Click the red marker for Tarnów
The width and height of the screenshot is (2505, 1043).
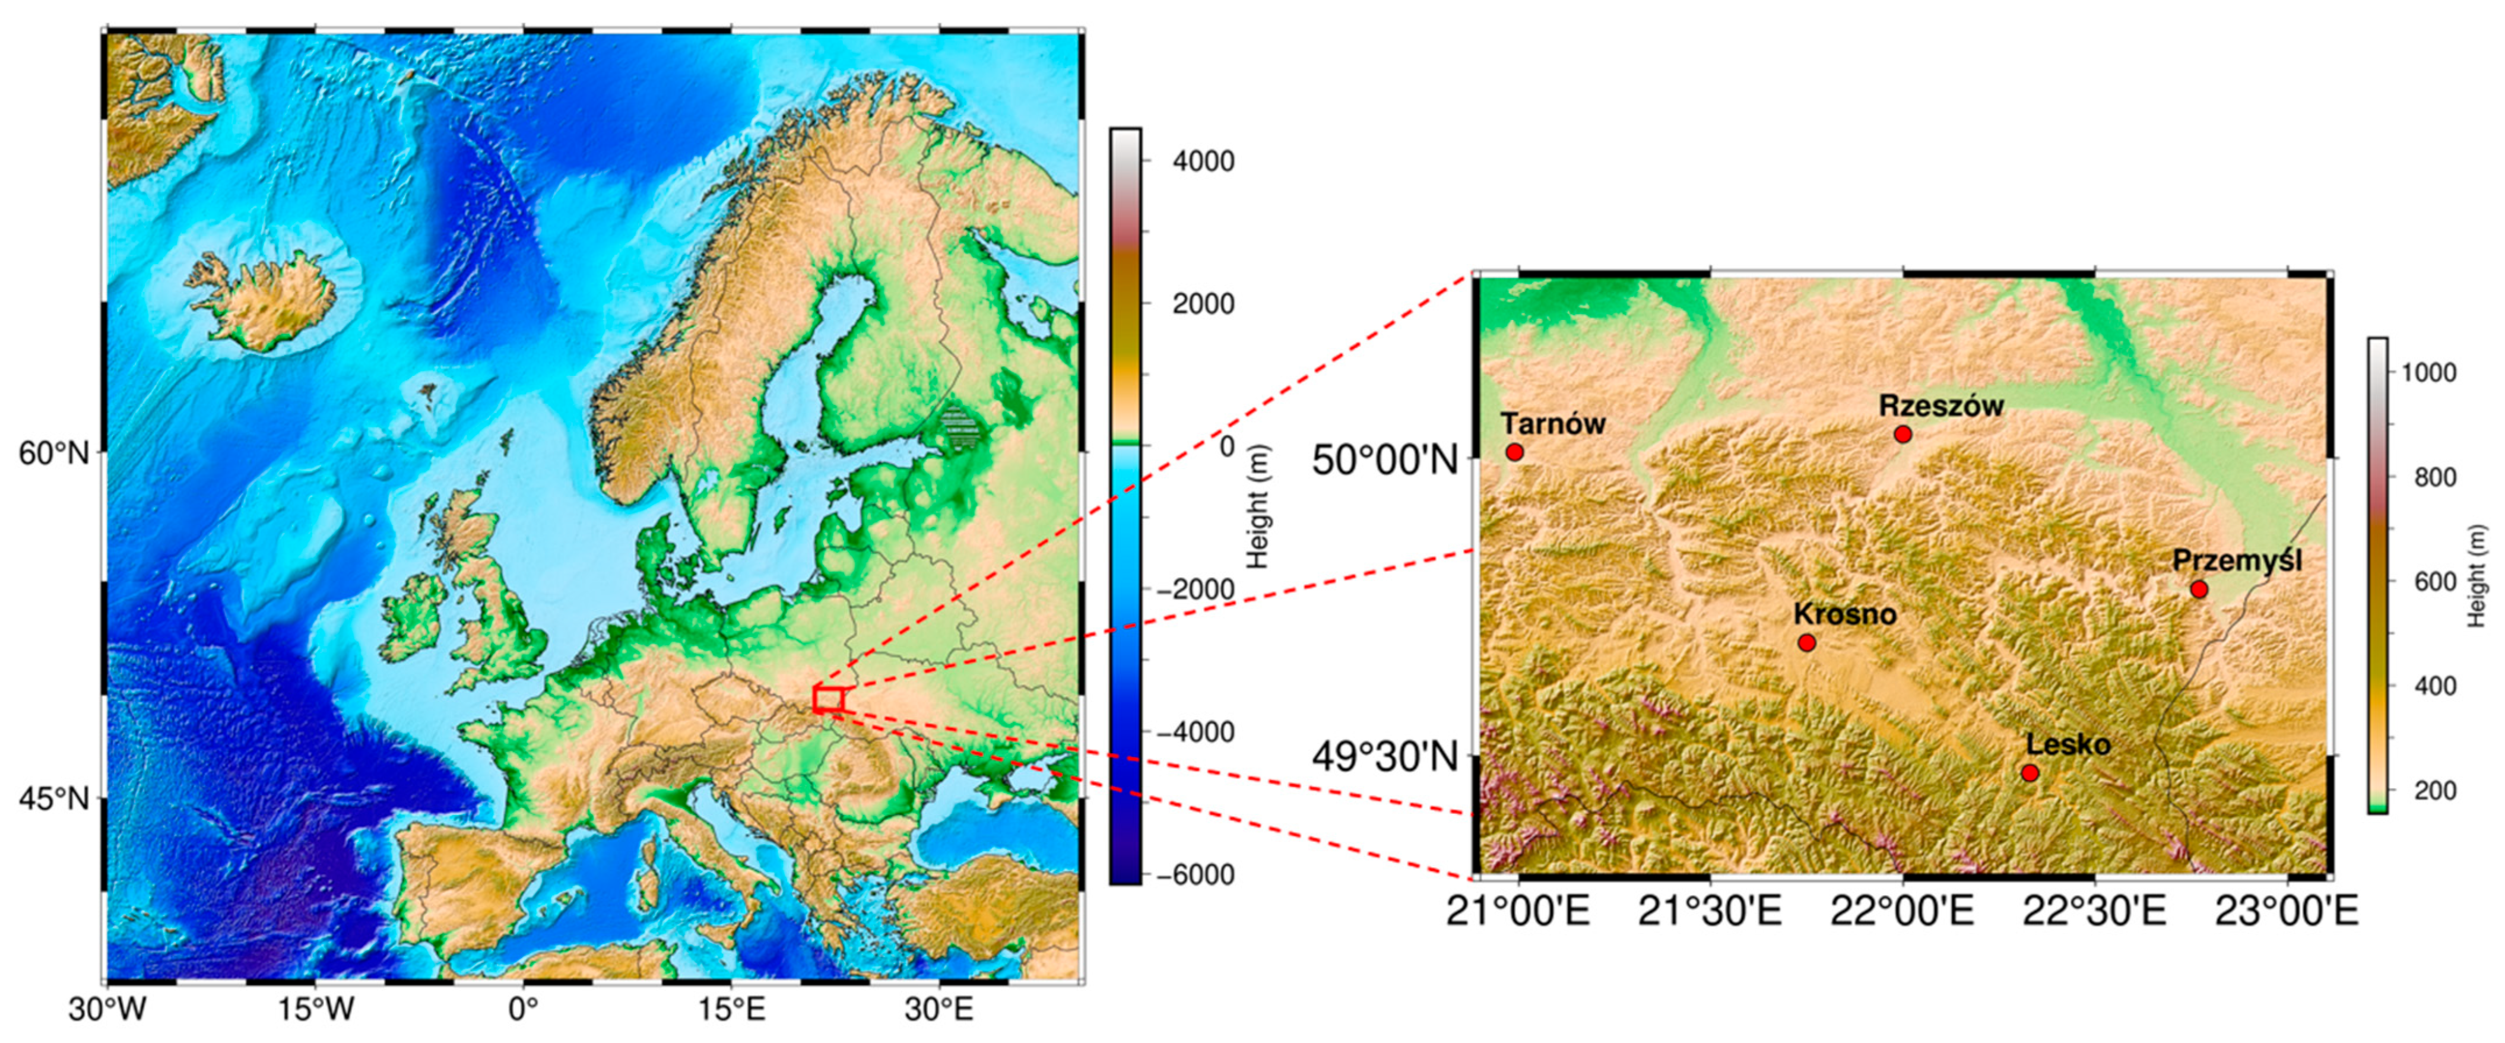[1514, 451]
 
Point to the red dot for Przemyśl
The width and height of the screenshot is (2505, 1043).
[2199, 589]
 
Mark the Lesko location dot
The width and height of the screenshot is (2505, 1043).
[2030, 773]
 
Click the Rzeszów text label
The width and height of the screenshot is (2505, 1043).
[1941, 405]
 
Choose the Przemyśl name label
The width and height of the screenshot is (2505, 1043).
[2237, 561]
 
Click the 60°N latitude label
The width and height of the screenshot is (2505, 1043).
[53, 452]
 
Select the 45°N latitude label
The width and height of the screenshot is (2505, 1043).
[53, 799]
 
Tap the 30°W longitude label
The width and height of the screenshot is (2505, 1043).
[107, 1011]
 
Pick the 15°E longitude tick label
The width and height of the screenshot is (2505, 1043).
[733, 1011]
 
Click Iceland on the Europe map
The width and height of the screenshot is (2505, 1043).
[262, 302]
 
